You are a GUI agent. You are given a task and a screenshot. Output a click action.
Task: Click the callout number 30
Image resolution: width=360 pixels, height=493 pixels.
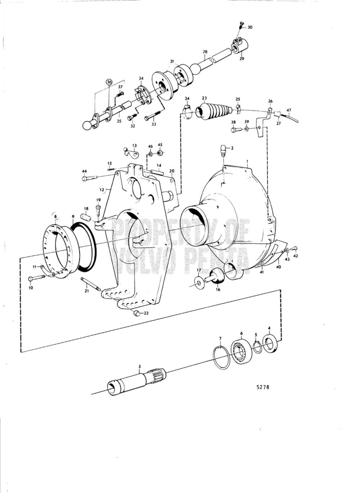pos(250,27)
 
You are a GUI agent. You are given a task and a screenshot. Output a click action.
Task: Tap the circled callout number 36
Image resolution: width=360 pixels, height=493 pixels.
pos(109,82)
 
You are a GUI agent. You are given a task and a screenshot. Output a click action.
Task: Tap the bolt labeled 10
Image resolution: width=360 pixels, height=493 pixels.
pos(36,278)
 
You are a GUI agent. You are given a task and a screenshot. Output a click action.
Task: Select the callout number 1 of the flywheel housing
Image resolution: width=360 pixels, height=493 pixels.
pos(247,163)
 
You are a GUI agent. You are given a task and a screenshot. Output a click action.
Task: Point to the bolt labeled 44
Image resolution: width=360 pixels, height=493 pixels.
pos(89,178)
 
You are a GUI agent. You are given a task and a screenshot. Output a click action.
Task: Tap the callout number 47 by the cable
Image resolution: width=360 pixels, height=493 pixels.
pos(289,110)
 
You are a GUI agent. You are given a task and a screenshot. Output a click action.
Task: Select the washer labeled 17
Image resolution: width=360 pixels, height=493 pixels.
pos(199,283)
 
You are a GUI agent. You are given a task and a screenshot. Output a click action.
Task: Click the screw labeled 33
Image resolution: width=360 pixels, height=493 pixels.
pos(152,117)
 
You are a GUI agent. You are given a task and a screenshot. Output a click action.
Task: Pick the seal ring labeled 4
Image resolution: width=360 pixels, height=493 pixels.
pos(269,343)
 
